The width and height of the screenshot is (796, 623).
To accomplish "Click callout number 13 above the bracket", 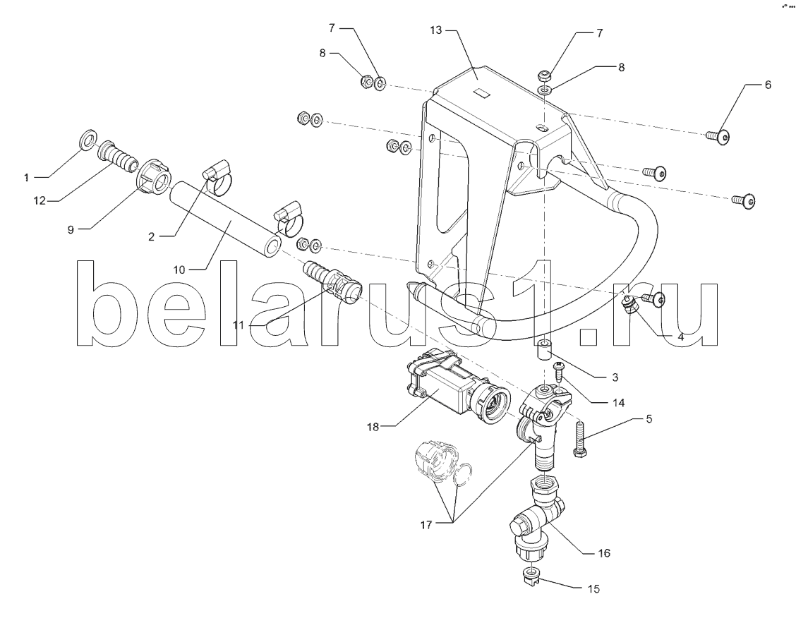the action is pos(436,30).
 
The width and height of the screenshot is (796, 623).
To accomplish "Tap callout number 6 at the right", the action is pos(768,85).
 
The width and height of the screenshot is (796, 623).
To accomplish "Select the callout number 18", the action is pos(373,427).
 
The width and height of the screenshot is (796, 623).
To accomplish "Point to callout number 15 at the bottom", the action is pos(593,589).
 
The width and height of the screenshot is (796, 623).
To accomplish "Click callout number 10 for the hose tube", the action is pos(179,270).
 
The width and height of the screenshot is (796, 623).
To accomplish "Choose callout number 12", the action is pos(40,201).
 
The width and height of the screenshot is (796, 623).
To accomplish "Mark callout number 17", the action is pos(426,524).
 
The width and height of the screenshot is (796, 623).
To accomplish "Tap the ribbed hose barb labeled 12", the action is pos(119,155).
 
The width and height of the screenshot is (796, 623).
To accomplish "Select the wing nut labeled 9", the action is pos(154,177).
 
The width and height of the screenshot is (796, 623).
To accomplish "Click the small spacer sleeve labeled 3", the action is pos(544,350).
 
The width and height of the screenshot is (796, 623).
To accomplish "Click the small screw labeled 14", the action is pos(559,372).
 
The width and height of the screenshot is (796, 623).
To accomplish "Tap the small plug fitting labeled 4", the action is pos(629,305).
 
